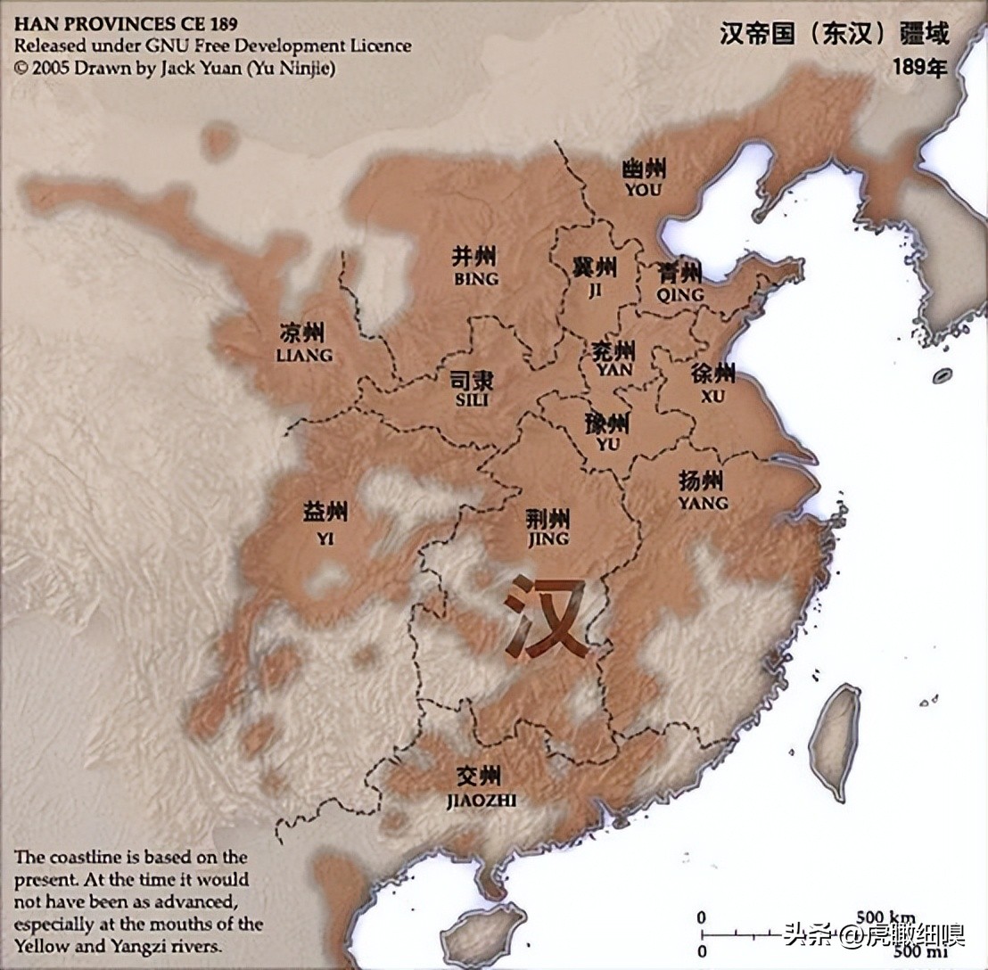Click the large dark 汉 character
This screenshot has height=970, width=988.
tap(546, 617)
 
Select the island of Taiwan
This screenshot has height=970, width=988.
tap(836, 740)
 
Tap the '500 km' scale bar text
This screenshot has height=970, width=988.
tap(885, 917)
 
